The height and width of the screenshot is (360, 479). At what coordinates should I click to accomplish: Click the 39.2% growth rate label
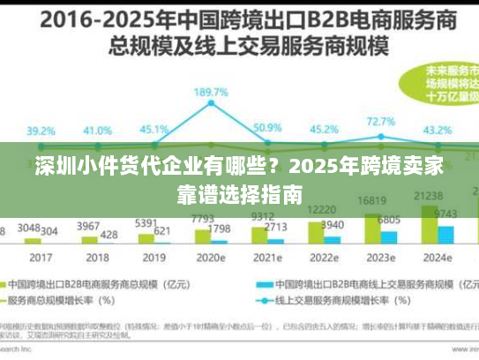point(40,130)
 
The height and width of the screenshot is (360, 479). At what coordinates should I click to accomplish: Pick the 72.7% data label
point(380,122)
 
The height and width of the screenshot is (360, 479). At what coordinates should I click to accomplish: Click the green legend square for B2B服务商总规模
point(15,285)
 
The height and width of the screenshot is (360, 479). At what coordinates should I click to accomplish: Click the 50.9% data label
point(267,128)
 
